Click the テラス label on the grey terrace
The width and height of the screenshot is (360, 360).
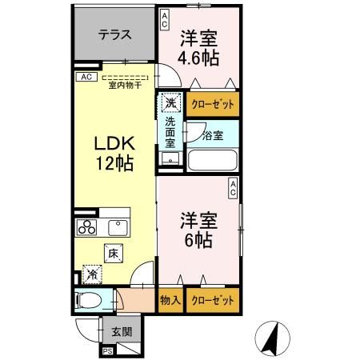pos(114,35)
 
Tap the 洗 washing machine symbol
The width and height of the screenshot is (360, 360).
pos(170,102)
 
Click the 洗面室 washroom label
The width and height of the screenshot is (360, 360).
pos(170,132)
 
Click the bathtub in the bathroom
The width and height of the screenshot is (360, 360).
pos(211,160)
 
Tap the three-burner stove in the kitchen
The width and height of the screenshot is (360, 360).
pos(86,227)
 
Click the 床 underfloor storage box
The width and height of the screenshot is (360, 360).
pos(114,254)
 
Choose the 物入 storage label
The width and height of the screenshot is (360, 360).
pos(170,301)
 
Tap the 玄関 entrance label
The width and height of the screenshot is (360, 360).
pos(122,332)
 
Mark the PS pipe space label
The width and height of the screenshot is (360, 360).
pos(107,350)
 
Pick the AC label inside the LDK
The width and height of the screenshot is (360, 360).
pos(84,78)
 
